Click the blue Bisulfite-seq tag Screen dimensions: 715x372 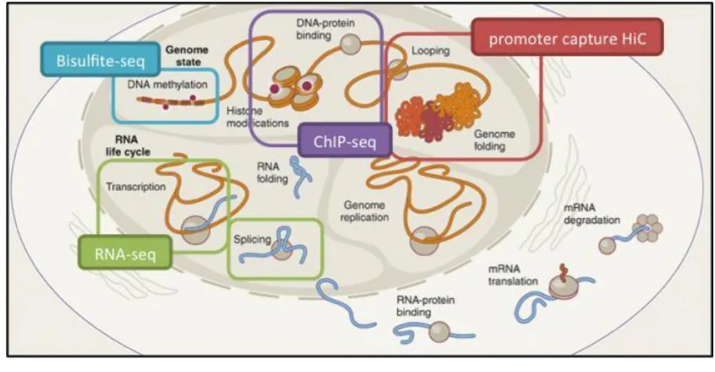(x=100, y=60)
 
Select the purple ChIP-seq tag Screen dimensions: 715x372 (x=345, y=141)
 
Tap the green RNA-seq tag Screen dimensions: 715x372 (x=125, y=252)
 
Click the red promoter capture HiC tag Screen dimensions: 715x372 (x=567, y=37)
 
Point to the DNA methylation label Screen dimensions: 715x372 (x=167, y=84)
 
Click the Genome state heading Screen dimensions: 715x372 (x=187, y=56)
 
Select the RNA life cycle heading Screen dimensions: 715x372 (x=128, y=146)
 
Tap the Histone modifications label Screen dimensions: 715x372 (x=257, y=117)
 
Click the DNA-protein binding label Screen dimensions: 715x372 (x=326, y=29)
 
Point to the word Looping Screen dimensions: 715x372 (x=431, y=50)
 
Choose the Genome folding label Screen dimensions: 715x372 (x=495, y=140)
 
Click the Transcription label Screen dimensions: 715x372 (x=136, y=187)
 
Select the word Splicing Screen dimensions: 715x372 (x=252, y=239)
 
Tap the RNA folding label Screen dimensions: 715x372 (x=273, y=173)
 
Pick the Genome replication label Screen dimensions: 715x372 (x=364, y=211)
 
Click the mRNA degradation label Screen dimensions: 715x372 (x=592, y=214)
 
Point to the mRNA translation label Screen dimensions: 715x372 (x=513, y=274)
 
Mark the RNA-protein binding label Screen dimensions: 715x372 (x=426, y=306)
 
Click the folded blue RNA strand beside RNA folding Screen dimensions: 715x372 (x=300, y=176)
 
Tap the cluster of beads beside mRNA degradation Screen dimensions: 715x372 (x=648, y=228)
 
